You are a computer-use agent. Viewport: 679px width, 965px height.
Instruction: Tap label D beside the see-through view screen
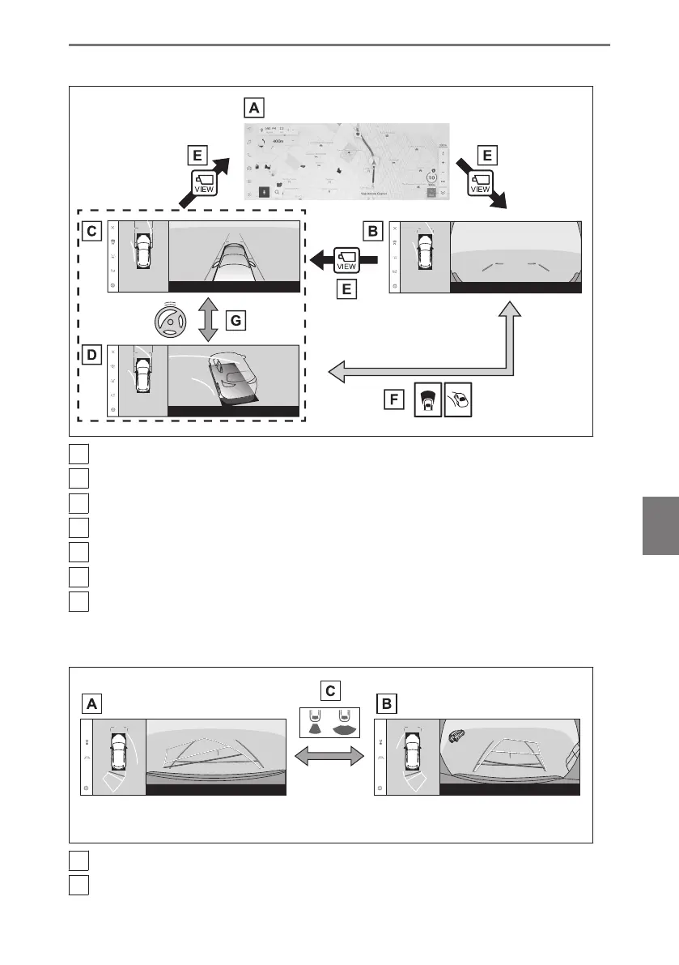coord(92,355)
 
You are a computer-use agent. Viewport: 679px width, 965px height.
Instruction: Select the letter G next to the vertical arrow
coord(236,321)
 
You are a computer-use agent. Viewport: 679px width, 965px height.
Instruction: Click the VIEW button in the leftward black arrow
coord(346,258)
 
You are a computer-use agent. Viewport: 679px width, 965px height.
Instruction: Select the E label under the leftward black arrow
coord(346,288)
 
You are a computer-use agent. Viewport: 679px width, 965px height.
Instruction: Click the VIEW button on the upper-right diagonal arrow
coord(482,183)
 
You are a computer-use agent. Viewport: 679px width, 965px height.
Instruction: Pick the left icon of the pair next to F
coord(428,399)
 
